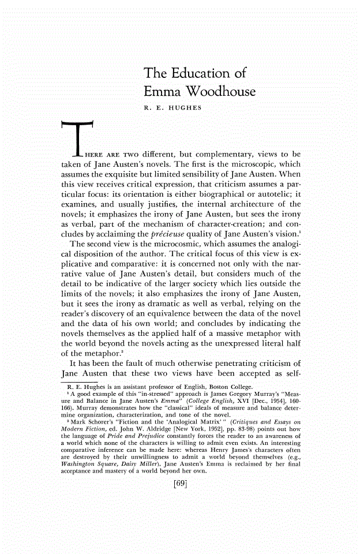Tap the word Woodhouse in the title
[217, 92]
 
